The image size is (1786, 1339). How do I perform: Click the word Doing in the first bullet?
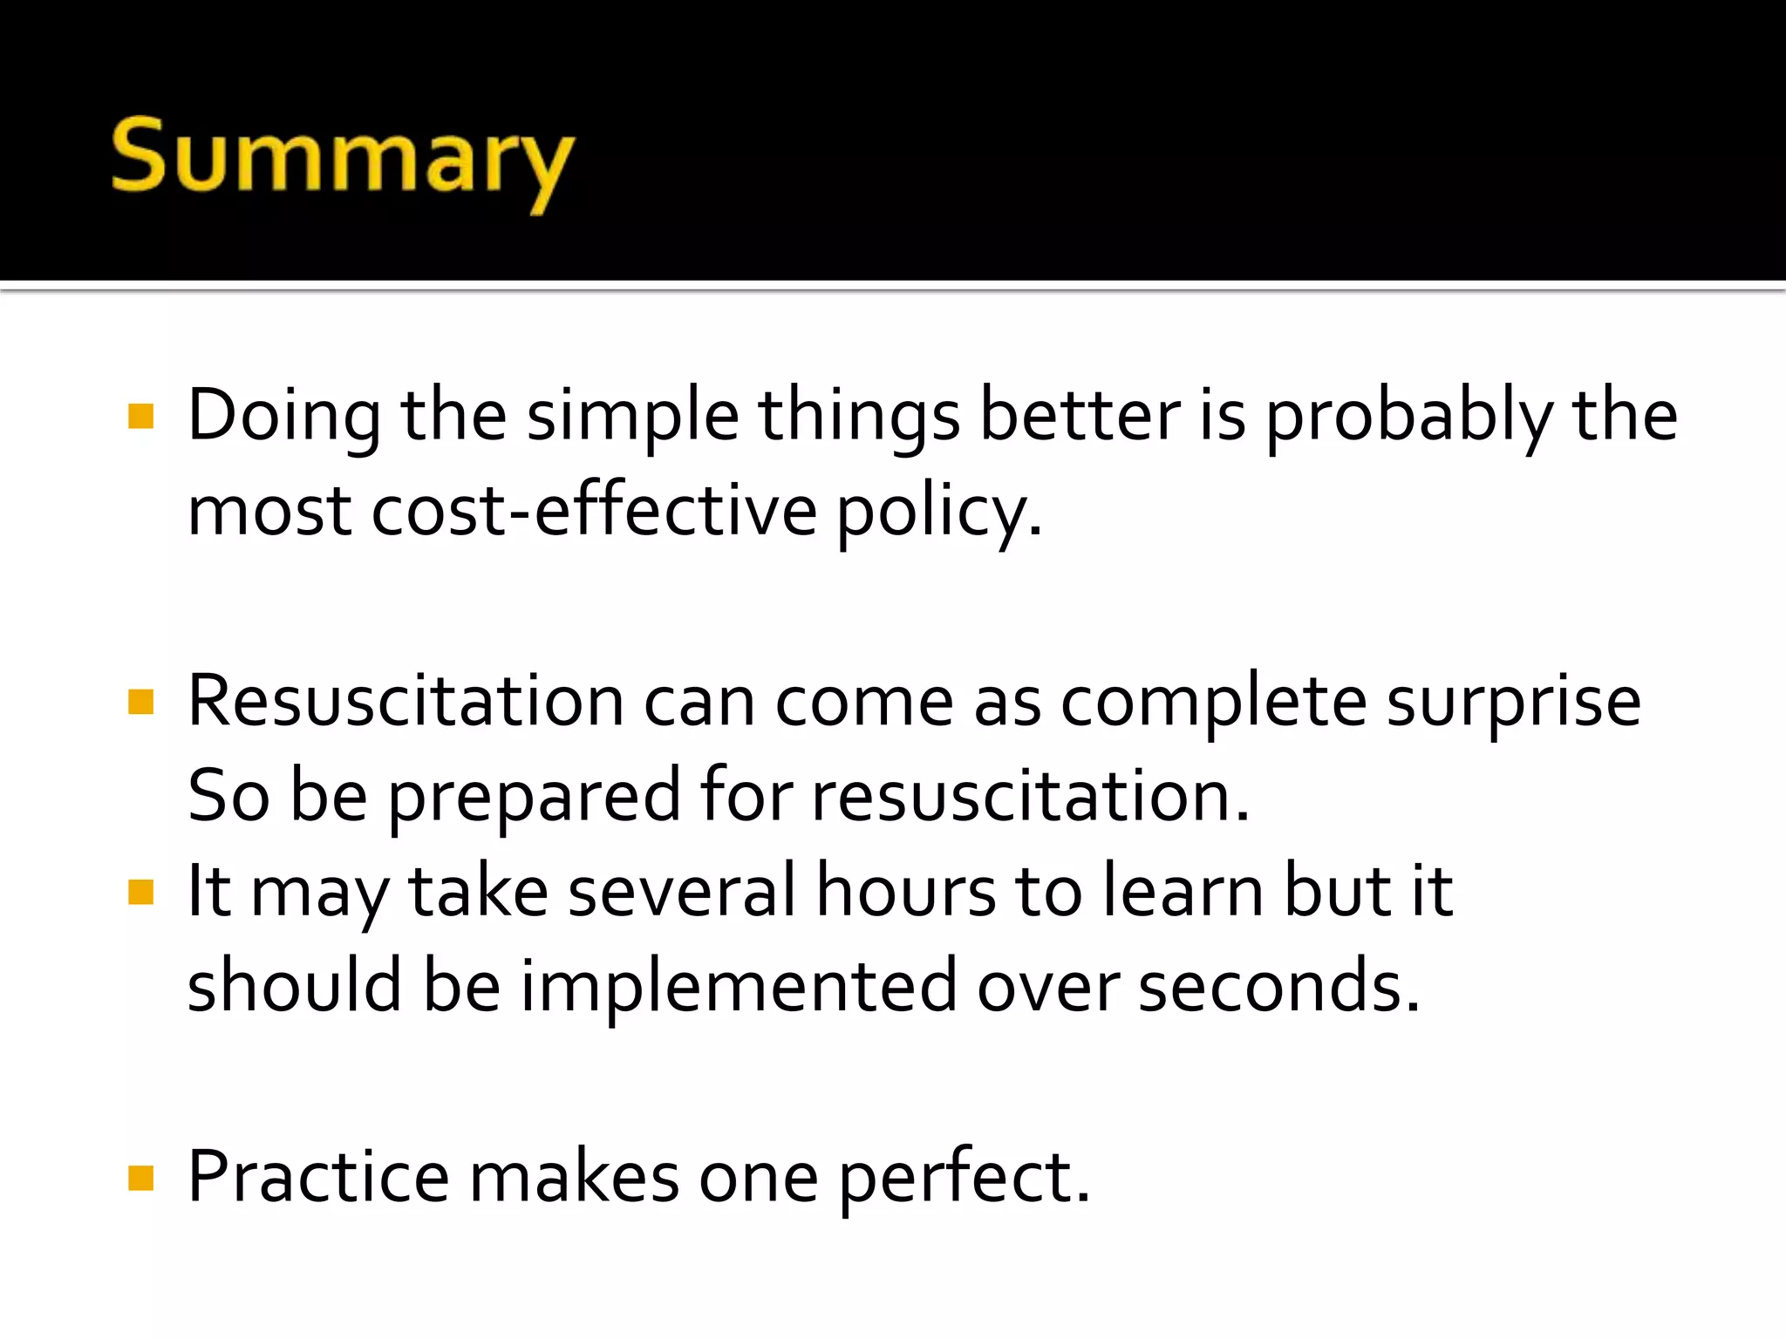(283, 416)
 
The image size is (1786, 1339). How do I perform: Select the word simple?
(632, 416)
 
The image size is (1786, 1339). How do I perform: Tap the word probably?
(1408, 416)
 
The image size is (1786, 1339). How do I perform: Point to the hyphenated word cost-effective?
(594, 511)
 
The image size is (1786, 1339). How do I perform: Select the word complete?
(1213, 703)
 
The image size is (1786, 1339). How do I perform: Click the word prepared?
(534, 797)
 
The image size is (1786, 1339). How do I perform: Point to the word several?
(681, 891)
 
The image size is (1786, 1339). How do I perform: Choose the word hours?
(905, 891)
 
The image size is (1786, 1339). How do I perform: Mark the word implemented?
(739, 987)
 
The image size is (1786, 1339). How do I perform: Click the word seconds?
(1278, 987)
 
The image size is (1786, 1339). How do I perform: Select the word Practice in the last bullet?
(318, 1177)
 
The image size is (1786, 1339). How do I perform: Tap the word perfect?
(964, 1177)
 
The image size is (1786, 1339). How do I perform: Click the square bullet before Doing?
(140, 416)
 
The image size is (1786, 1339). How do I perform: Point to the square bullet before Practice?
(140, 1178)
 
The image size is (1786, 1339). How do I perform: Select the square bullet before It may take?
(140, 892)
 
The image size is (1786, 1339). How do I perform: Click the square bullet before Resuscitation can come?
(140, 702)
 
